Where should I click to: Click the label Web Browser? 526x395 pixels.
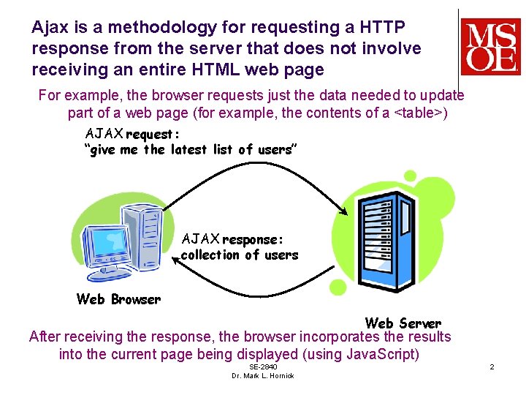pos(118,298)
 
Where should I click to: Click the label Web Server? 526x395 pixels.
pos(403,323)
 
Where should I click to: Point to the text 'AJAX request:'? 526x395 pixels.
pos(132,134)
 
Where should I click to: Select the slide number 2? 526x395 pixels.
pos(492,366)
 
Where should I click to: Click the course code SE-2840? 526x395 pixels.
pos(263,366)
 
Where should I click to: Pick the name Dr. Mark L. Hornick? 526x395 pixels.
pos(263,376)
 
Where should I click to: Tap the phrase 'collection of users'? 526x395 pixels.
pos(239,255)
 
